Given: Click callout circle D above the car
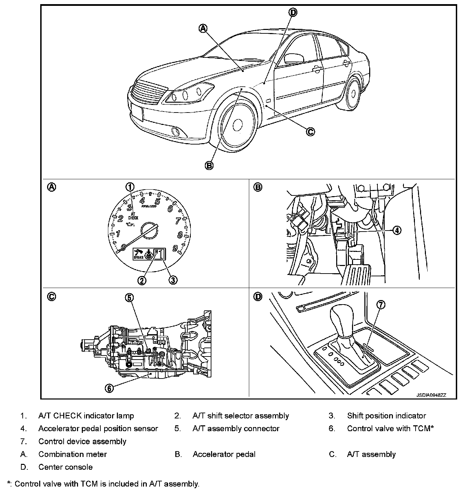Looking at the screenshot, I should tap(293, 13).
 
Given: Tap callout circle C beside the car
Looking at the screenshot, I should tap(310, 131).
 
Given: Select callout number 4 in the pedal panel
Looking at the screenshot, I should tap(397, 230).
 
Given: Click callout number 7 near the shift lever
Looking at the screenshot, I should tap(381, 305).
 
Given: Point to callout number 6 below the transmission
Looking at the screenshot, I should tap(109, 388).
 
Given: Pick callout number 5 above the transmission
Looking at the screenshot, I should tap(129, 298).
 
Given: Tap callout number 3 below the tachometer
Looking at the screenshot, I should tap(173, 280).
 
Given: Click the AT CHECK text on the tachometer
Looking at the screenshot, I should tap(133, 216).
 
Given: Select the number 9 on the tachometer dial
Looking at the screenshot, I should tap(175, 248).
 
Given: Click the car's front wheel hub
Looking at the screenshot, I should tap(238, 125).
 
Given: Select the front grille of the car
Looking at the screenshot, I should tap(148, 92).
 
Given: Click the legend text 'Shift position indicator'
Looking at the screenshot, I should tap(386, 416).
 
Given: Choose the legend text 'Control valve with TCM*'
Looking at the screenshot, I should tap(390, 428).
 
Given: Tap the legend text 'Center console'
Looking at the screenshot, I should tap(65, 467).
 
